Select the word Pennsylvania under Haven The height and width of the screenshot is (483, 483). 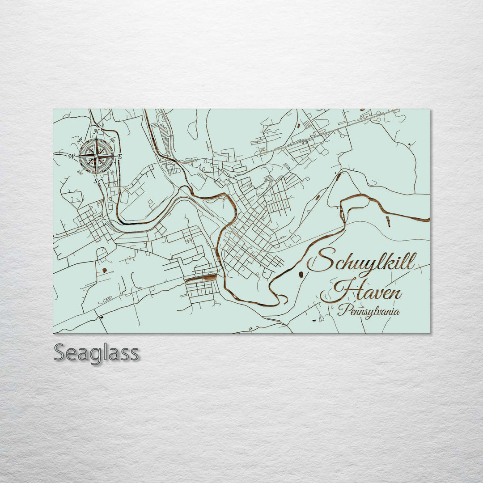(x=369, y=311)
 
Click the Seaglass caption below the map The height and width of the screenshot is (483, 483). (x=96, y=353)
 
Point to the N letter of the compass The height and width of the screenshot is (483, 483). (x=96, y=131)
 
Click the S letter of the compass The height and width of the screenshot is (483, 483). (x=95, y=181)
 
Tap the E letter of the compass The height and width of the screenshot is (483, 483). (x=120, y=156)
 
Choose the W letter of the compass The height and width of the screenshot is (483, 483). (x=71, y=157)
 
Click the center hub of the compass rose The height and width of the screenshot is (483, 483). (x=96, y=156)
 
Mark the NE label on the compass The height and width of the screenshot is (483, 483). (x=112, y=140)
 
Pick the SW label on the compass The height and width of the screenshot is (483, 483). (x=80, y=172)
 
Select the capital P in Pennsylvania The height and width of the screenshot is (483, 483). (x=343, y=309)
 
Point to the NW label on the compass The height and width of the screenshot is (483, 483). (x=80, y=141)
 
